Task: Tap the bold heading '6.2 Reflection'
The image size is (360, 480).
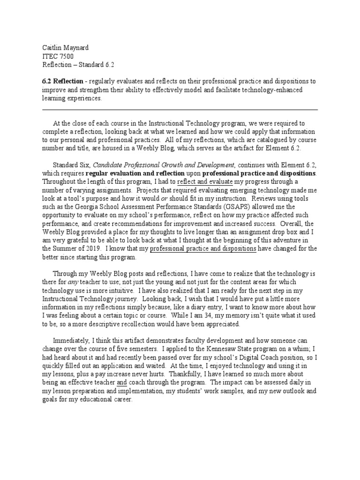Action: coord(63,82)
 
